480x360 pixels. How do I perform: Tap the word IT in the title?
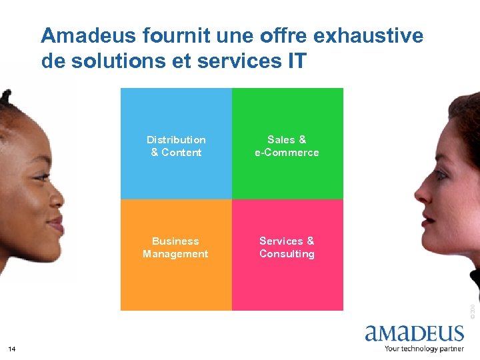tap(297, 61)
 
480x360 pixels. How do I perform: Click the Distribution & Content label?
tap(176, 146)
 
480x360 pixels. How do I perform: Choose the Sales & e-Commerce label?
tap(287, 146)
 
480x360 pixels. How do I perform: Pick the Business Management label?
tap(175, 247)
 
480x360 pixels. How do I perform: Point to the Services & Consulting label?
tap(287, 247)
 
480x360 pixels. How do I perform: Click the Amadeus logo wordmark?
tap(414, 333)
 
